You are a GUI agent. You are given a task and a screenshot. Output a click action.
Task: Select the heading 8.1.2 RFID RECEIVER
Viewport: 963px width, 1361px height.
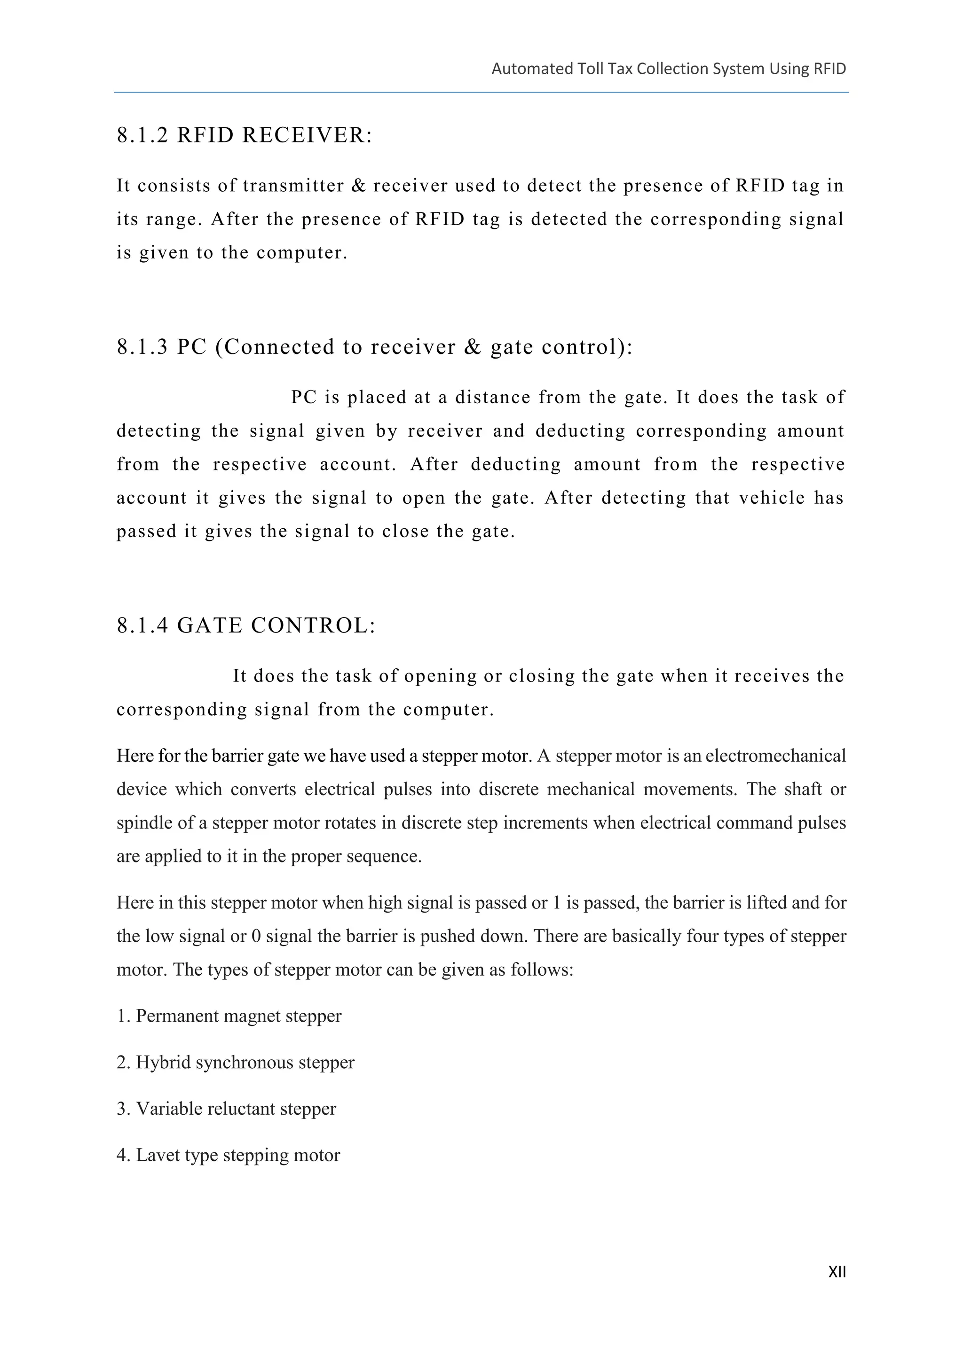[245, 135]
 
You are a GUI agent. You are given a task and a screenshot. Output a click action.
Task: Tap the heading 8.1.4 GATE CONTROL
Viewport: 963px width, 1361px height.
[246, 626]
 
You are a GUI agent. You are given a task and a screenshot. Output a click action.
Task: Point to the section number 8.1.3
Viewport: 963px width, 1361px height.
[142, 347]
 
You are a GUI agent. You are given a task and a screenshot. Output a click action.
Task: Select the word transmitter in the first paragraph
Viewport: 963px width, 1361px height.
[293, 186]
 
